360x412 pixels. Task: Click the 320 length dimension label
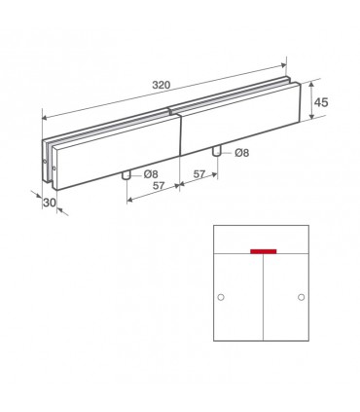(x=162, y=85)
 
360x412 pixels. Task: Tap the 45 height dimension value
(x=321, y=102)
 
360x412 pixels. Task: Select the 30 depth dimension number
(x=50, y=203)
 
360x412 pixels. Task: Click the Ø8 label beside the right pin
(x=242, y=153)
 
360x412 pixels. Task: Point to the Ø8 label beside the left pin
(x=151, y=174)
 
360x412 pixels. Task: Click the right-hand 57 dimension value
(x=199, y=174)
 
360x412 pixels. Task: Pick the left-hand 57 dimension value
(x=159, y=186)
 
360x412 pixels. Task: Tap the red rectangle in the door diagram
(x=264, y=251)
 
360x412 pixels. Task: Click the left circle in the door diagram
(x=221, y=297)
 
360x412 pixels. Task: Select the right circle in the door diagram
(x=302, y=297)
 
